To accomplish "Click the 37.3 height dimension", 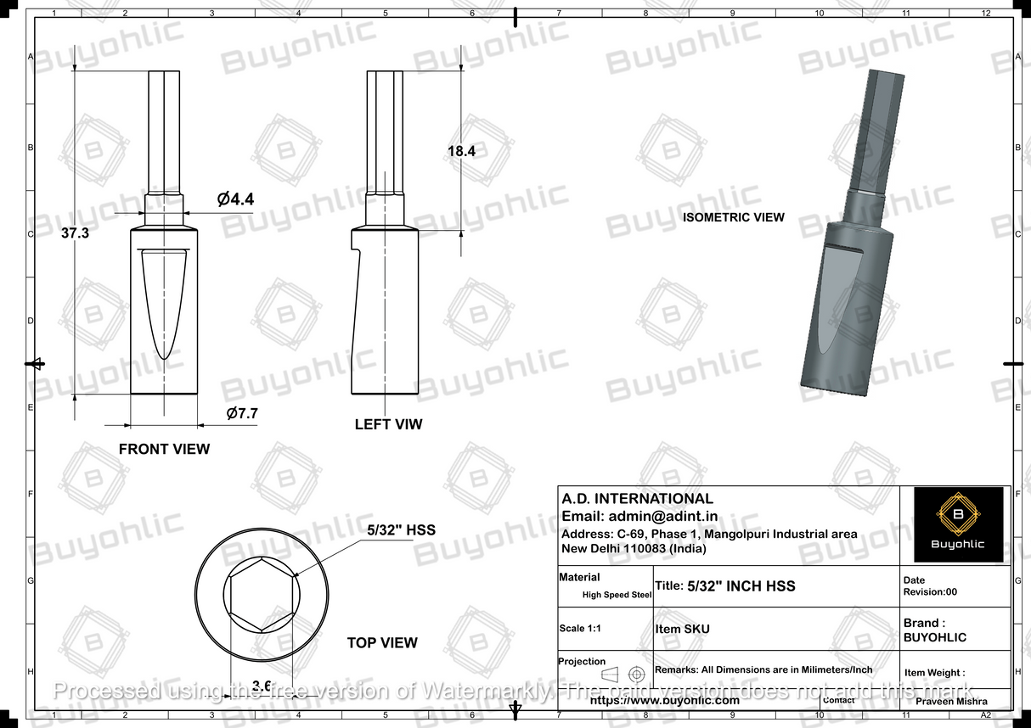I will click(75, 233).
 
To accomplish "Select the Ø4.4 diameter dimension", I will click(235, 199).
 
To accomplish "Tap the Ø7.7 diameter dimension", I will click(242, 413).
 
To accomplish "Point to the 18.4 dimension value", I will click(460, 151).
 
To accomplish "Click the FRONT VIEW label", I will click(164, 449).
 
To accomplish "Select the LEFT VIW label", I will click(388, 424).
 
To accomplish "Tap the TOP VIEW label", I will click(382, 643).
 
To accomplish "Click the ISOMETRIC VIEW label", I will click(734, 217).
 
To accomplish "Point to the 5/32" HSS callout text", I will click(401, 530).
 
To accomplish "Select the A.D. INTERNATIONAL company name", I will click(638, 499).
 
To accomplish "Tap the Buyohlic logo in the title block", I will click(958, 524).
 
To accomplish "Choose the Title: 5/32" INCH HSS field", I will click(725, 586).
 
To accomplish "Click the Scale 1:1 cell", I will click(584, 629).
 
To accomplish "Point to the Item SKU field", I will click(682, 630).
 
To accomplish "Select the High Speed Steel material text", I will click(617, 595).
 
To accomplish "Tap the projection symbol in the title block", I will click(623, 674).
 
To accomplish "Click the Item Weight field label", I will click(934, 673).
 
